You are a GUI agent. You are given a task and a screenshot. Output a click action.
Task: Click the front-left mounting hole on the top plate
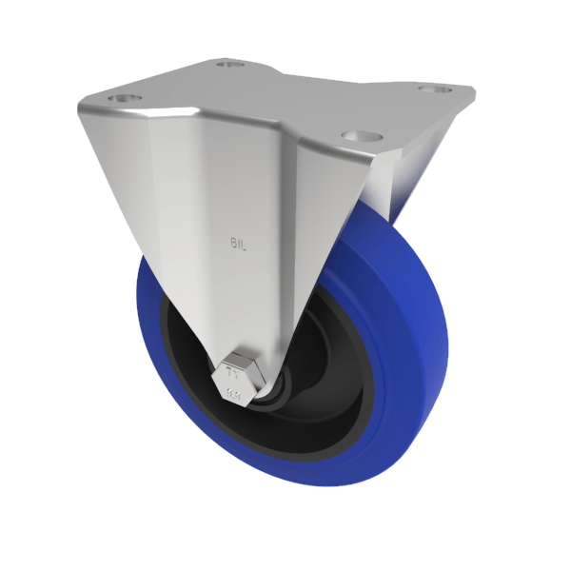pyautogui.click(x=125, y=98)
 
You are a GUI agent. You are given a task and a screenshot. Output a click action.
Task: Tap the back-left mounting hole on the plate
pyautogui.click(x=226, y=65)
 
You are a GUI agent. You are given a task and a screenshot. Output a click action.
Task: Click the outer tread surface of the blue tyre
pyautogui.click(x=419, y=314)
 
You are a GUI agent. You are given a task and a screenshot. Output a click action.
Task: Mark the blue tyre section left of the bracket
pyautogui.click(x=152, y=324)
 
